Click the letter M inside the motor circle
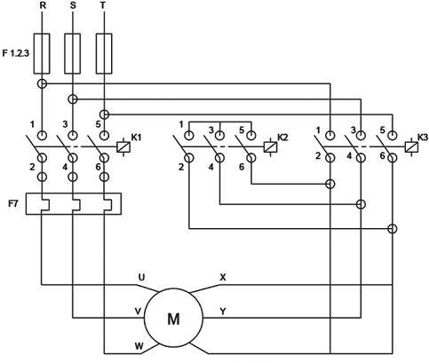pyautogui.click(x=173, y=319)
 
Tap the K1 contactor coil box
pyautogui.click(x=123, y=147)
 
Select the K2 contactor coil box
pyautogui.click(x=270, y=147)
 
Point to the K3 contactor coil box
pyautogui.click(x=411, y=147)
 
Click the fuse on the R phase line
pyautogui.click(x=42, y=53)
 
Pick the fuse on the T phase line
pyautogui.click(x=104, y=53)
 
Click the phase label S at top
pyautogui.click(x=73, y=6)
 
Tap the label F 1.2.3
pyautogui.click(x=15, y=53)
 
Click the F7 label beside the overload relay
pyautogui.click(x=13, y=203)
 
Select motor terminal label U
pyautogui.click(x=142, y=277)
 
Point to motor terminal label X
pyautogui.click(x=223, y=277)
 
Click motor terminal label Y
pyautogui.click(x=223, y=311)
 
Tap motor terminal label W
pyautogui.click(x=139, y=345)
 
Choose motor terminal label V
pyautogui.click(x=138, y=311)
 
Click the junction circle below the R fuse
pyautogui.click(x=42, y=83)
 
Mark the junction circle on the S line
pyautogui.click(x=73, y=99)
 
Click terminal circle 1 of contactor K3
pyautogui.click(x=330, y=136)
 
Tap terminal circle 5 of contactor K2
pyautogui.click(x=251, y=136)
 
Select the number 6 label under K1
pyautogui.click(x=99, y=167)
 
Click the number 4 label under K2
pyautogui.click(x=211, y=167)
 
